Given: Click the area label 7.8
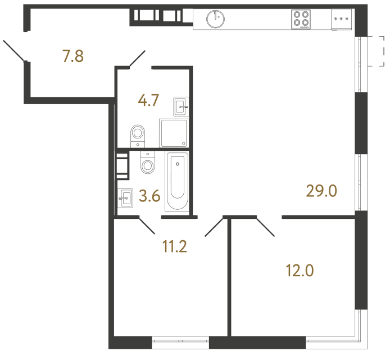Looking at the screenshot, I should coord(73,56).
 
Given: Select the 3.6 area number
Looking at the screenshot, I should coord(149,196).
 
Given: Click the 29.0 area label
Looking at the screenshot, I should coord(321,191).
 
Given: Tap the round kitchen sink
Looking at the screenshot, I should coord(215,19).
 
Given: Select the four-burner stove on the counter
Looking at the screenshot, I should coord(301,19).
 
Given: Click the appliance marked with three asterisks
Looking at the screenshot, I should coord(341,19).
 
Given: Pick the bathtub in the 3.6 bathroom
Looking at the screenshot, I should coord(178,180).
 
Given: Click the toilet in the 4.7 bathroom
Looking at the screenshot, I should coord(138,134).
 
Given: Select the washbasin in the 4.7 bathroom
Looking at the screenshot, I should coord(181,105).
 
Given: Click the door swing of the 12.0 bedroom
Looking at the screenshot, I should coord(266,226).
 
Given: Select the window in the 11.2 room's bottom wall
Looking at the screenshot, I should coord(180,341).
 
